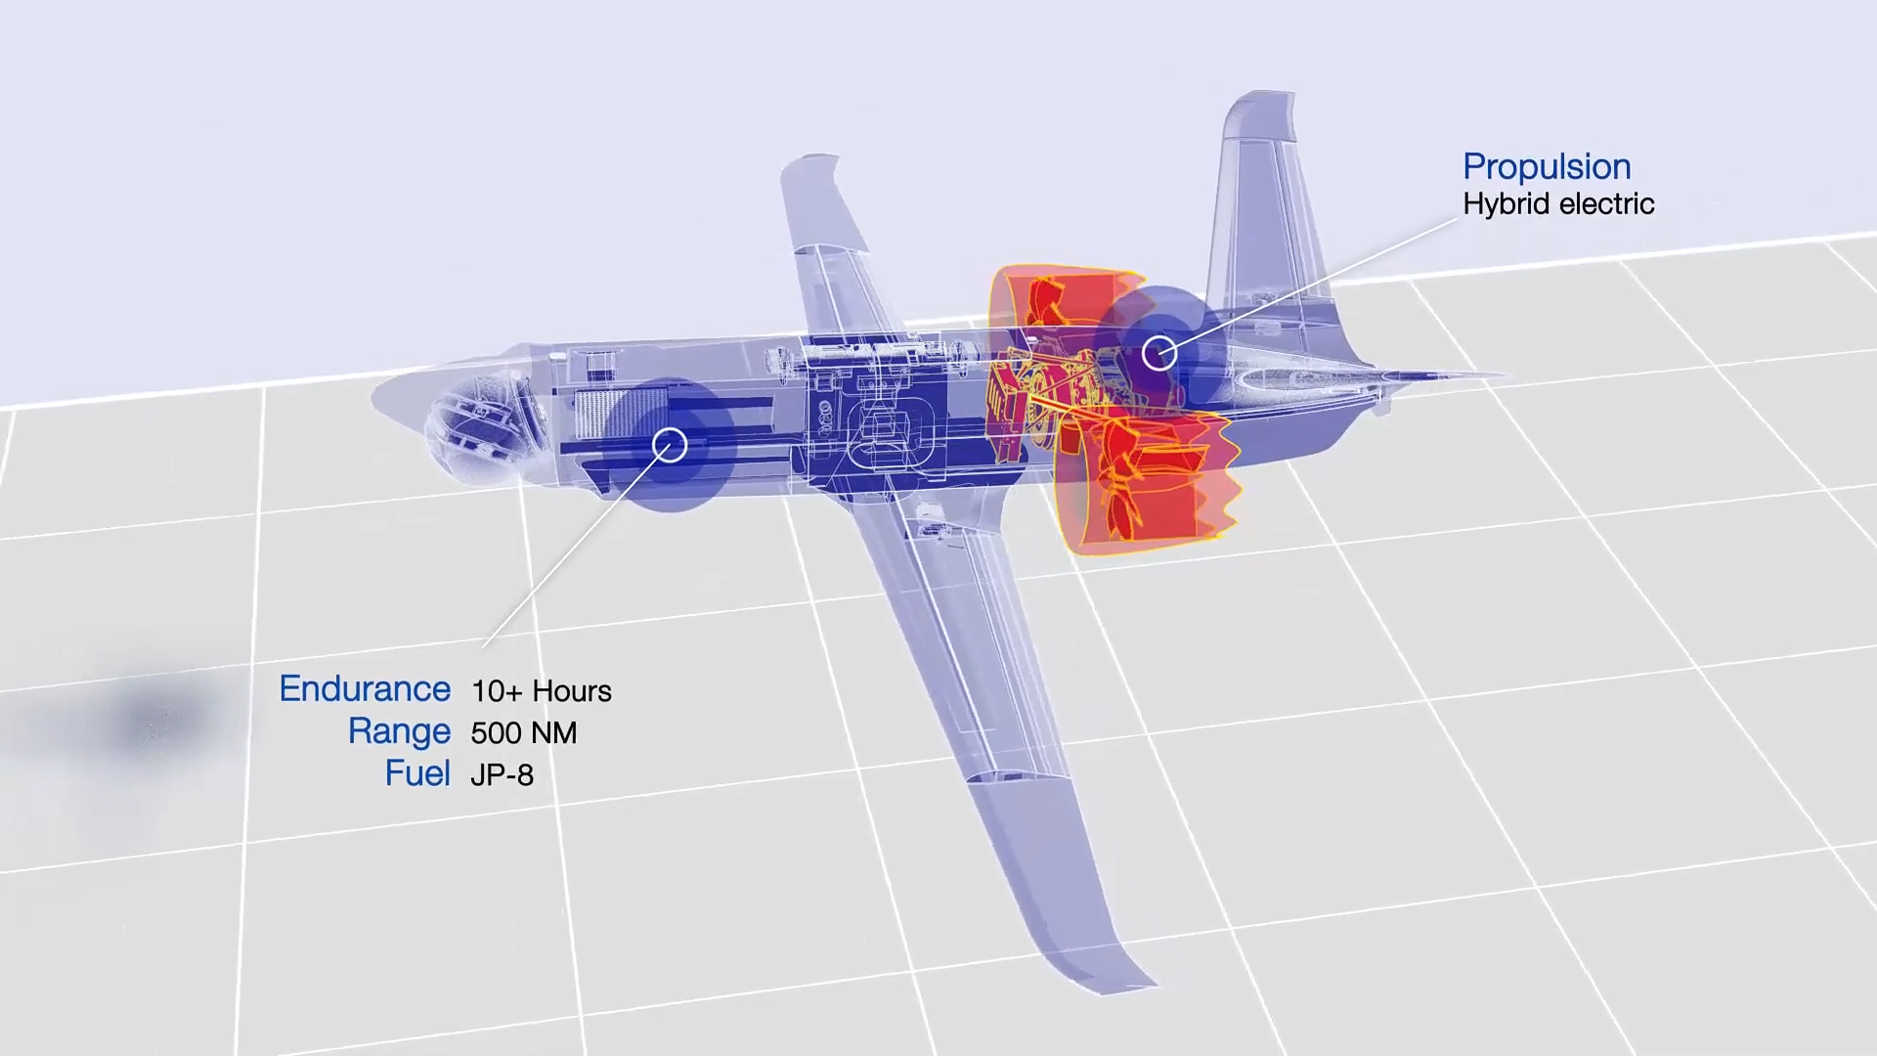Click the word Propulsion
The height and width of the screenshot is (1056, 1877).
(1547, 167)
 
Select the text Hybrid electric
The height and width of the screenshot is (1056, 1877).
(1558, 204)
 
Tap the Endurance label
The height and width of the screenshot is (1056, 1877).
(365, 689)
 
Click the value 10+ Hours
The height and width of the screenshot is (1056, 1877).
(541, 691)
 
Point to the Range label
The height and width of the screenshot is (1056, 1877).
(399, 732)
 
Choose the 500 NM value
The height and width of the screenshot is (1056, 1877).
(524, 733)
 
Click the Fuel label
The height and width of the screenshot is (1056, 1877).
(417, 773)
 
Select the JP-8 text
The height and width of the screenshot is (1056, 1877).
(502, 775)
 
